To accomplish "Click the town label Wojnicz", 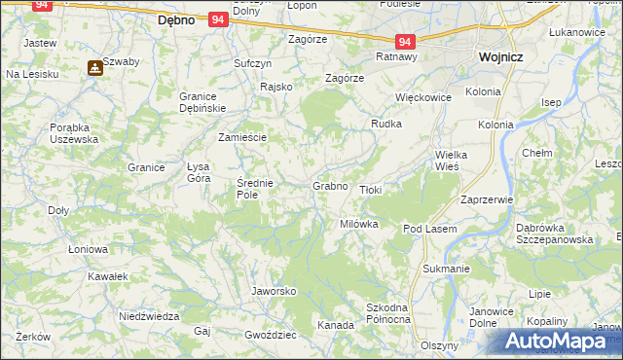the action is (x=500, y=57).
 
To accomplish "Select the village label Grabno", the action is (x=330, y=185).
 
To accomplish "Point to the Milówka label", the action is (x=358, y=224).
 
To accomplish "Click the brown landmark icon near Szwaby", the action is (x=94, y=68).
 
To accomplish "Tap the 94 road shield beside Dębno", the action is (x=218, y=18).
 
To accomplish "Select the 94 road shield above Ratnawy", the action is (x=406, y=41).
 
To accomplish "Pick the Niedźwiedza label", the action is (x=149, y=316).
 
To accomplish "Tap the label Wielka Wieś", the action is (x=454, y=161).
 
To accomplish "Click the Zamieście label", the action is (x=242, y=137).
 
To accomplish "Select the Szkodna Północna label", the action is (x=387, y=313).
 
